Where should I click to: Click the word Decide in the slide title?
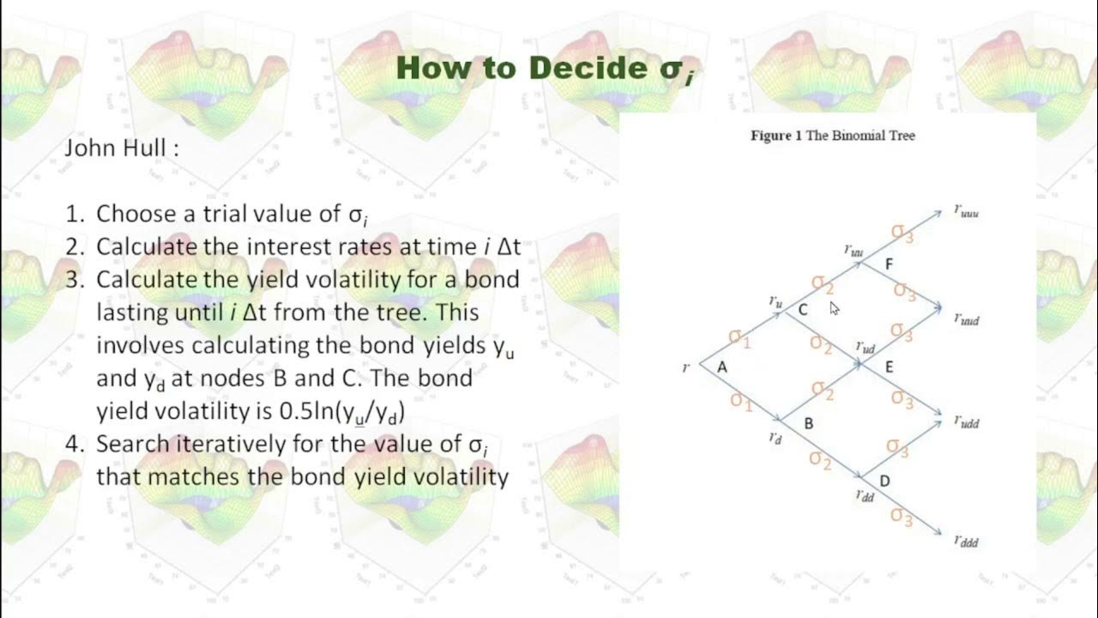582,68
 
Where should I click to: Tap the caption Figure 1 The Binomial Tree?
832,136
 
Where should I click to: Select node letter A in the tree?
721,367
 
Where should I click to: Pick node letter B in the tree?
808,423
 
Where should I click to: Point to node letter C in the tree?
802,310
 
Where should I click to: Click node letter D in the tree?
884,482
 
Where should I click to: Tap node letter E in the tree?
889,367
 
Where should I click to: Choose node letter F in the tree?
889,264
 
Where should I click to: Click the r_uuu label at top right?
966,210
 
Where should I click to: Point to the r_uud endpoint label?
966,318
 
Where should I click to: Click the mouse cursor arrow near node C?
835,308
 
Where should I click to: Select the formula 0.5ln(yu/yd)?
342,412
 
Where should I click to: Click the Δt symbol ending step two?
509,247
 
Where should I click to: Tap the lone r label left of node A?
685,367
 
